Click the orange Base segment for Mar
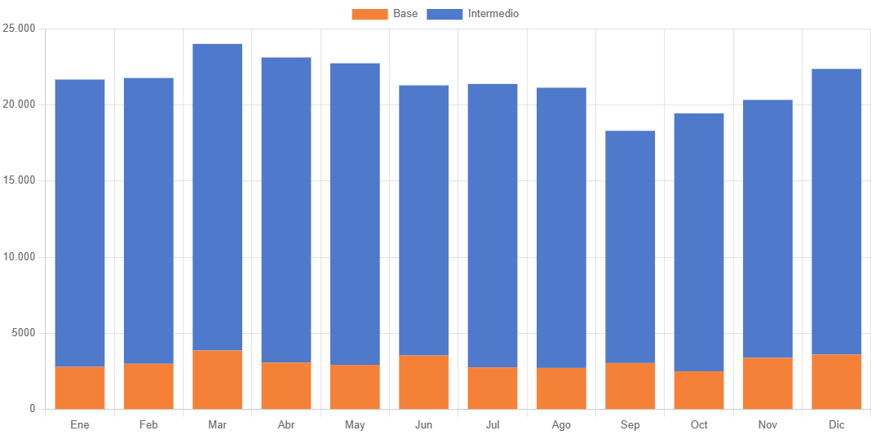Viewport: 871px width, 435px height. click(218, 380)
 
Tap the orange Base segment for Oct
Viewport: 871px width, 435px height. click(699, 390)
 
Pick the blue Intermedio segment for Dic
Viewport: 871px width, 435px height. click(837, 211)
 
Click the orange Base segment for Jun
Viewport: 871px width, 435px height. click(424, 382)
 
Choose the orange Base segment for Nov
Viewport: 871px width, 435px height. click(767, 384)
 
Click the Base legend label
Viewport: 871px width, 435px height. click(405, 14)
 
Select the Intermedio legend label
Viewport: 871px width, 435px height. click(493, 14)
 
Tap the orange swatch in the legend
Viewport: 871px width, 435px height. click(369, 14)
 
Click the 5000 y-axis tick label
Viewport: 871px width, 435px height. click(24, 333)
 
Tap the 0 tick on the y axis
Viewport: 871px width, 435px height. click(33, 409)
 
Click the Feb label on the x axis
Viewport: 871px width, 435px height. click(148, 425)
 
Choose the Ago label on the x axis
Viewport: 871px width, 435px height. click(561, 425)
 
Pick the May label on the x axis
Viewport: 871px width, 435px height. click(355, 425)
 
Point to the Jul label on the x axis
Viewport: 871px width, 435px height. click(493, 425)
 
